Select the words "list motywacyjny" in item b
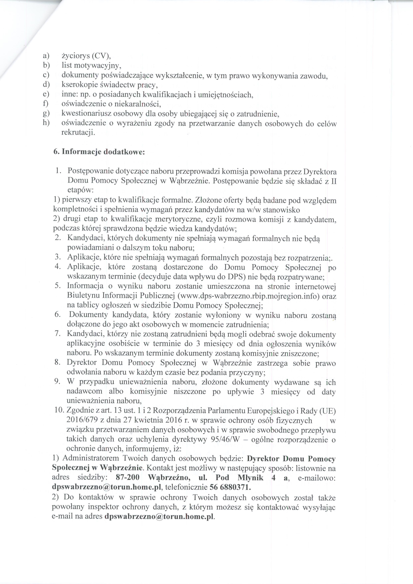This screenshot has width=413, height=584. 91,65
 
